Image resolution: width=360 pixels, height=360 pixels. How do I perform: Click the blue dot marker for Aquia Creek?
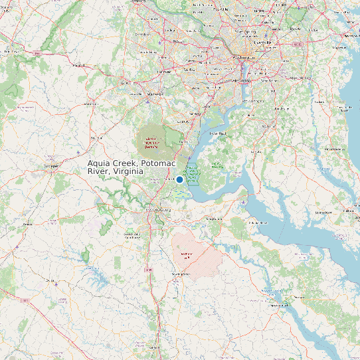pos(179,179)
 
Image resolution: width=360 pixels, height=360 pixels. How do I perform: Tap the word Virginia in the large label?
pos(128,171)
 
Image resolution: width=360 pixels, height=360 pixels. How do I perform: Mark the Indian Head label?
pos(218,134)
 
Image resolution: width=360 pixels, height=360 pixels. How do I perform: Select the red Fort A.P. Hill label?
pos(187,255)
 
